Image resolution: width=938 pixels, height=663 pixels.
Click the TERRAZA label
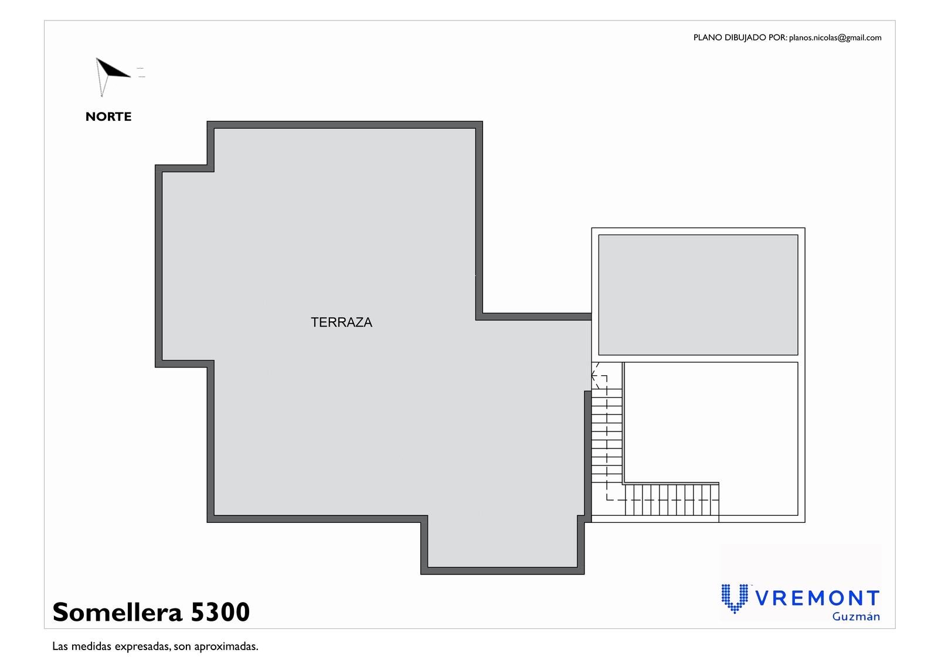[341, 322]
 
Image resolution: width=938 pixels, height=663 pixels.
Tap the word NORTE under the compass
[108, 117]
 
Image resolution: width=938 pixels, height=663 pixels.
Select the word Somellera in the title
[118, 612]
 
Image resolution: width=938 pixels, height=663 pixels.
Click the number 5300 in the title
[220, 612]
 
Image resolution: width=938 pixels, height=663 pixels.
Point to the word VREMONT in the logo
[817, 599]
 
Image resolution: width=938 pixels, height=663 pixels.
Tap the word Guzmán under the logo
[856, 617]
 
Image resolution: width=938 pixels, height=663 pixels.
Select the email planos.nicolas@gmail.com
[835, 38]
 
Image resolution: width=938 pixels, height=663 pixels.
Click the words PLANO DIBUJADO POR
[740, 38]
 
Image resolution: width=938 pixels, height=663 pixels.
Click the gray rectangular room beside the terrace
[698, 295]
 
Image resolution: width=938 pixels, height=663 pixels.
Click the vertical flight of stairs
[607, 436]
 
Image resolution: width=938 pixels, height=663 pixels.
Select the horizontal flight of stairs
[672, 499]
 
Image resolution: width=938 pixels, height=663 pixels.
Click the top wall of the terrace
[345, 125]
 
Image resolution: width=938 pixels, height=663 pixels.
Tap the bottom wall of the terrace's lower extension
[502, 571]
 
